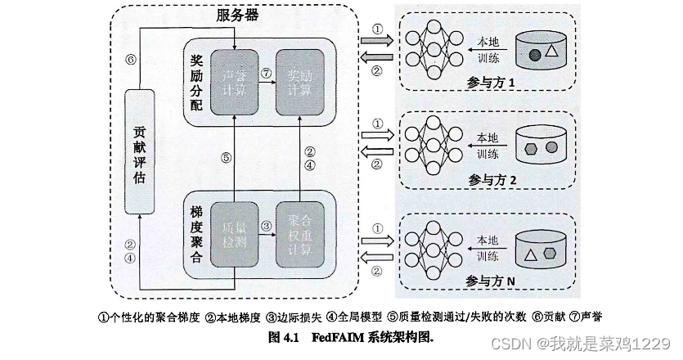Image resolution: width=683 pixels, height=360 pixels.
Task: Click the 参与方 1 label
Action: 488,83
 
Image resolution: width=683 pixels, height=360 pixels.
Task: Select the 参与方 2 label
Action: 488,179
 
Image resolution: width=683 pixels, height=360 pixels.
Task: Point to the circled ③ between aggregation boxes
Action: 266,225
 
